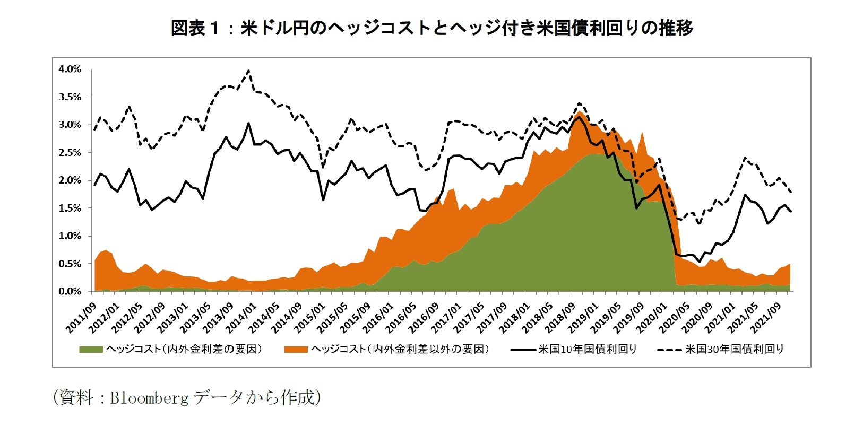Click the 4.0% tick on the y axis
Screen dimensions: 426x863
click(x=70, y=69)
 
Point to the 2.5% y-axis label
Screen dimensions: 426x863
click(x=70, y=153)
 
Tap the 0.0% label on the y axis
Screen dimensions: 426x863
click(x=70, y=292)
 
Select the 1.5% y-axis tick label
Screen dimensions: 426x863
click(x=70, y=208)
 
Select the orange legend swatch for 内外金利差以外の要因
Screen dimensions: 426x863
click(x=296, y=350)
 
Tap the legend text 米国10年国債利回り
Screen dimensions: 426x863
click(x=587, y=349)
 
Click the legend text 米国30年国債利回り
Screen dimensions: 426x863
click(x=735, y=349)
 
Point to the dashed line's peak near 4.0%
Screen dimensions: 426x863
click(x=249, y=71)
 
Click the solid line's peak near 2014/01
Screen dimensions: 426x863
click(x=248, y=123)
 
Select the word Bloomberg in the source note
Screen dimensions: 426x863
click(x=149, y=398)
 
